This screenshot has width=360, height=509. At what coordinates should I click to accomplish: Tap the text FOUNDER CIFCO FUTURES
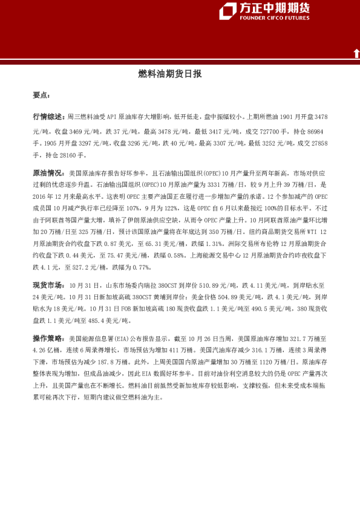click(x=275, y=18)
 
